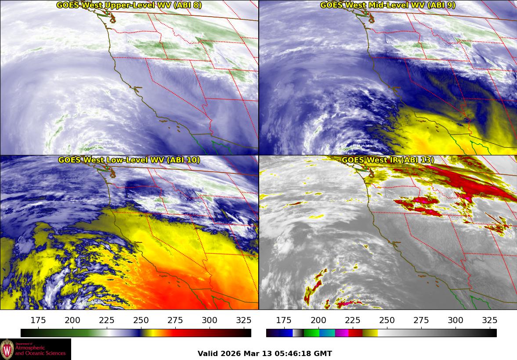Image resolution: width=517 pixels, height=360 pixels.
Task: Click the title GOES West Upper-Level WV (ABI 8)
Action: [129, 5]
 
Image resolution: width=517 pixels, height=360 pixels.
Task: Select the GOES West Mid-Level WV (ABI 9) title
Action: [388, 5]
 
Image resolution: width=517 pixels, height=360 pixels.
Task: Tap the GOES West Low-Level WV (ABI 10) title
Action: [129, 160]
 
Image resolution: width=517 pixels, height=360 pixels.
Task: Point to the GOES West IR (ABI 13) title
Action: [388, 160]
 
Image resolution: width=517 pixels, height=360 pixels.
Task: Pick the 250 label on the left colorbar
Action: [141, 320]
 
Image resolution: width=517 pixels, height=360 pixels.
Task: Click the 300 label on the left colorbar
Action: [210, 320]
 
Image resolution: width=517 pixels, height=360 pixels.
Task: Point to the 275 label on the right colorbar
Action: [421, 320]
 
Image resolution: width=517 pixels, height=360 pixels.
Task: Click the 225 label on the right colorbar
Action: [353, 320]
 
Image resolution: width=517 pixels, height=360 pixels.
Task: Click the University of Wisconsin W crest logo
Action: [7, 349]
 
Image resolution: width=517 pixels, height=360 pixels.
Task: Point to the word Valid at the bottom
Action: [208, 353]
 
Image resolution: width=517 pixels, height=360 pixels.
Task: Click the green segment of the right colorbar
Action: [311, 333]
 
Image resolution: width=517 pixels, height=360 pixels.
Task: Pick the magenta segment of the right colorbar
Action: [342, 333]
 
